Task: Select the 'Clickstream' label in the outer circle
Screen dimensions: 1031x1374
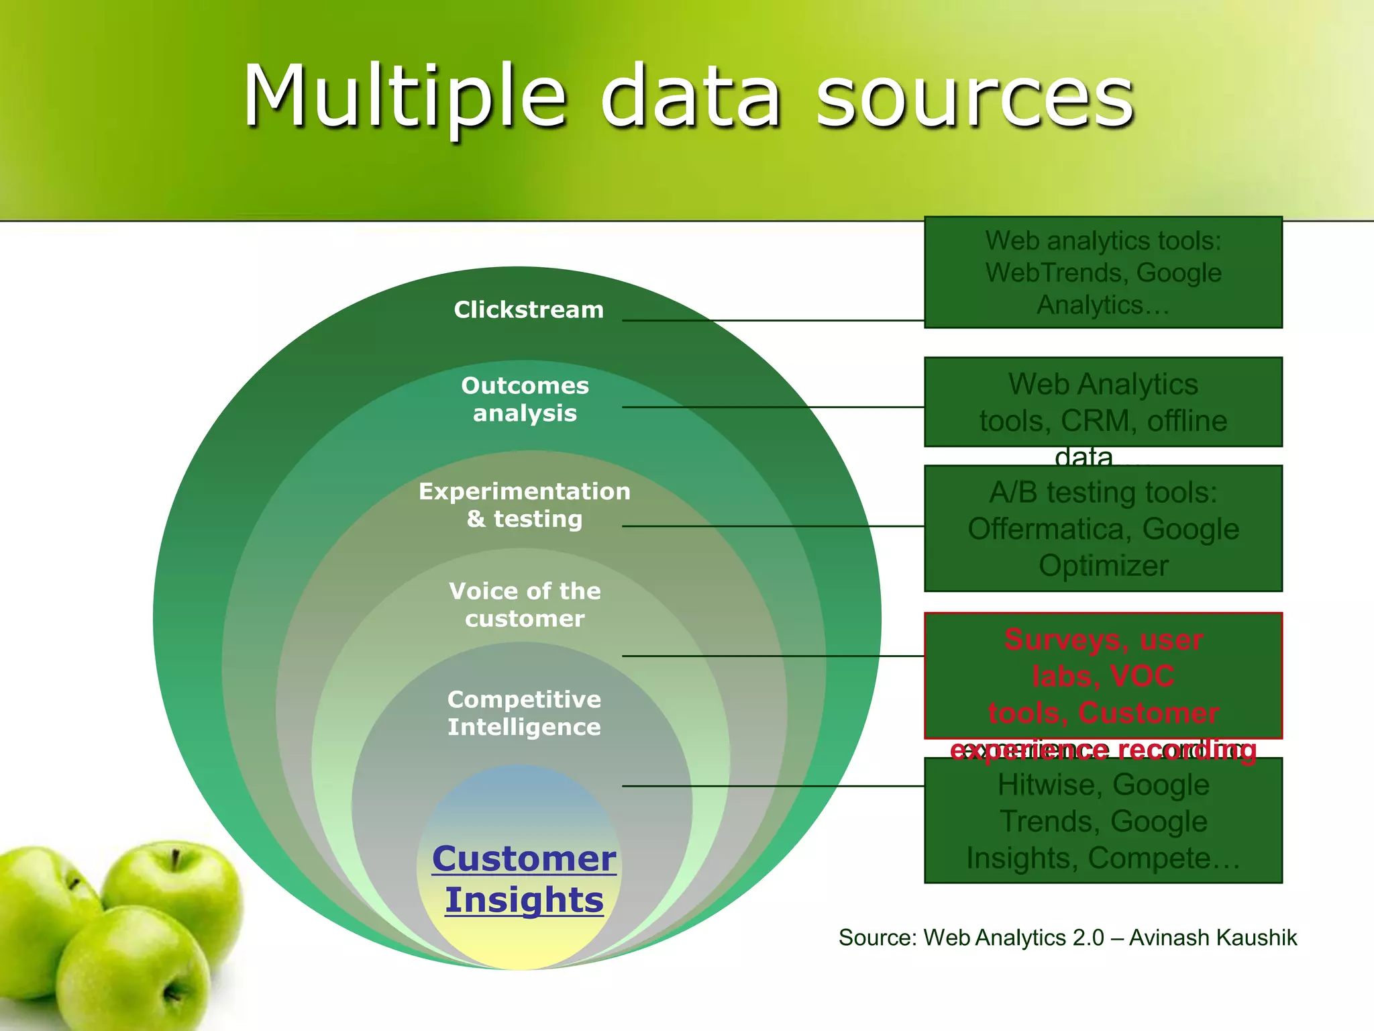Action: click(529, 309)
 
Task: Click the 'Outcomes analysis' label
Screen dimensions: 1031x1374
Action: click(525, 399)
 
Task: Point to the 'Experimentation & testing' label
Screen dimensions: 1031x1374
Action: click(525, 505)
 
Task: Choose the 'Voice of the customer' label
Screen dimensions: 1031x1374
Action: click(525, 604)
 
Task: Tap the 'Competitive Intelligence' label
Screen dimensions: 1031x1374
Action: click(525, 713)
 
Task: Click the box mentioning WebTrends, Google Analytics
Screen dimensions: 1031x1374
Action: click(1103, 273)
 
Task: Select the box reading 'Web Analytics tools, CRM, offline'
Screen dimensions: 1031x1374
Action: click(1103, 402)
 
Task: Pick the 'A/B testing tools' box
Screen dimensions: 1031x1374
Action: click(1103, 528)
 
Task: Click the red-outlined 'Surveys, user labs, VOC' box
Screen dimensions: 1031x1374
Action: click(1103, 675)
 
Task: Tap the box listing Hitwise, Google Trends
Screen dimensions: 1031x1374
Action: click(1103, 820)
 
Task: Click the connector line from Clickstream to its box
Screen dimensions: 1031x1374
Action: click(772, 321)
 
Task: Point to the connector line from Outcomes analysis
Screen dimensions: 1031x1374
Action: click(772, 407)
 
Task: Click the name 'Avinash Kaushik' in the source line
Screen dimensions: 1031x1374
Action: click(1213, 938)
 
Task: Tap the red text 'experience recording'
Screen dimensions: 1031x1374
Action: click(1103, 750)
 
